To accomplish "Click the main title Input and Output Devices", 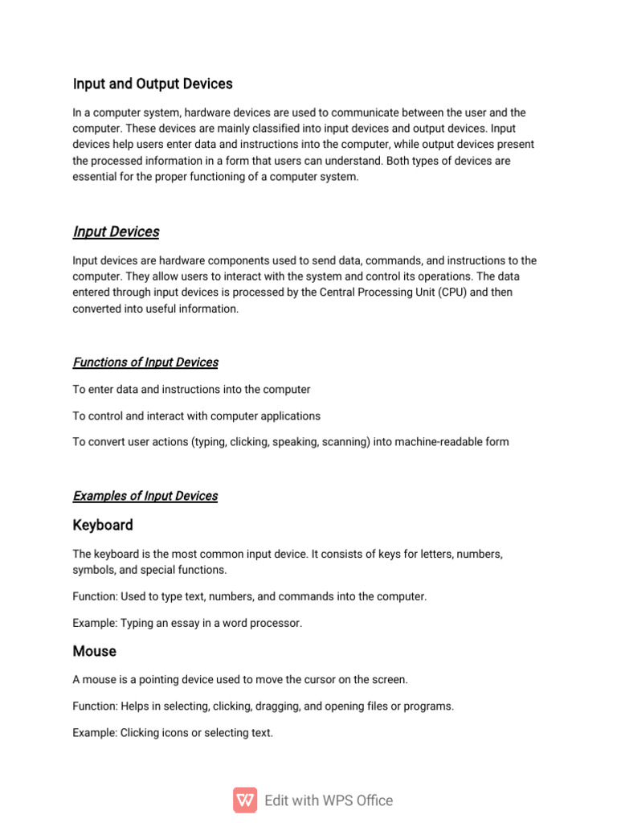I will coord(153,84).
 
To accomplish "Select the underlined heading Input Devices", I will coord(116,231).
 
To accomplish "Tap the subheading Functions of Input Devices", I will coord(145,362).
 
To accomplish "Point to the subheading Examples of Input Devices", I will coord(145,496).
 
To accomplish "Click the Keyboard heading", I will coord(103,525).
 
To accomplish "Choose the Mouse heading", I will coord(94,651).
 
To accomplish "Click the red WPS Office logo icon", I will coord(245,800).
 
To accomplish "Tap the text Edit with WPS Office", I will coord(329,800).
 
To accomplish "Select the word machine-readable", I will coord(439,442).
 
